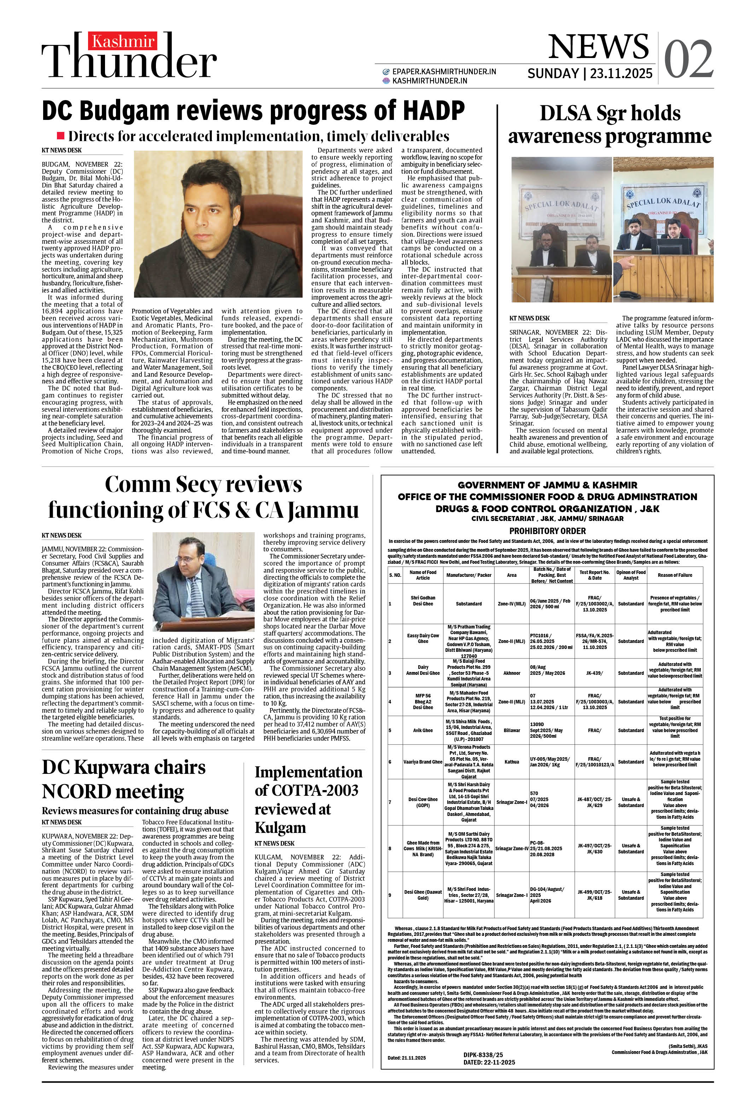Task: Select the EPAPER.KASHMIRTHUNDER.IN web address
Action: point(443,71)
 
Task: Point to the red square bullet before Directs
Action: point(60,136)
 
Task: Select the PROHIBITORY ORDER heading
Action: point(547,531)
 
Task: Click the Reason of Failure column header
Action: point(675,575)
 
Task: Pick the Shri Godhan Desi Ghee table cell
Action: point(423,600)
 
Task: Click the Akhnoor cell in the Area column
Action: point(512,673)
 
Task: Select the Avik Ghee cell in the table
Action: point(423,730)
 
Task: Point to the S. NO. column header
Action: point(395,575)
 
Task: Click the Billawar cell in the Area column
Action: point(512,730)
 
